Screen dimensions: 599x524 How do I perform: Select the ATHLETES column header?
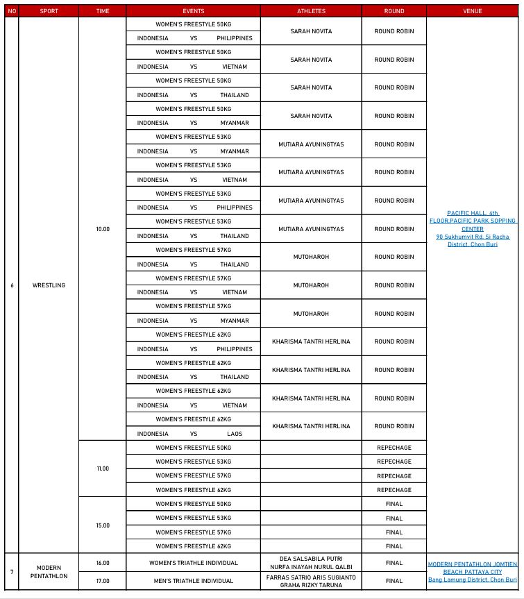311,11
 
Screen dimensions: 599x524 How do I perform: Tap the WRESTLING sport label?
49,285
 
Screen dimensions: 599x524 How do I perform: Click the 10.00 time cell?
103,229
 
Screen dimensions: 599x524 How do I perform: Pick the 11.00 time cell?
103,469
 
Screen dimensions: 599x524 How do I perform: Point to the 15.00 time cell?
103,525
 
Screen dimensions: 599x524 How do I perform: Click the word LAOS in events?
235,434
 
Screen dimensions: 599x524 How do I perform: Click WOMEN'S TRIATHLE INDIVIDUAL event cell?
194,563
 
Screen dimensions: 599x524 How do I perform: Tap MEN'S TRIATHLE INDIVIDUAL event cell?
194,580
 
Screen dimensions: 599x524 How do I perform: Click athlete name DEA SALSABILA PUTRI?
311,559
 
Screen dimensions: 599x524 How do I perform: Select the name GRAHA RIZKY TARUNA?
311,584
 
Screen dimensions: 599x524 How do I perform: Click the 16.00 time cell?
103,563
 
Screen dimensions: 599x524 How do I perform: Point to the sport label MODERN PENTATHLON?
49,571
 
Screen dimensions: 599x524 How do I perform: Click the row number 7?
12,571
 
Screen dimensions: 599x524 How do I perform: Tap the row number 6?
12,285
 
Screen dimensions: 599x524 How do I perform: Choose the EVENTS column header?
194,11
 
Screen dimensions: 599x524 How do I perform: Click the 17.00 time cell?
103,580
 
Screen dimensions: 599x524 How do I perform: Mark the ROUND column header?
394,11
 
